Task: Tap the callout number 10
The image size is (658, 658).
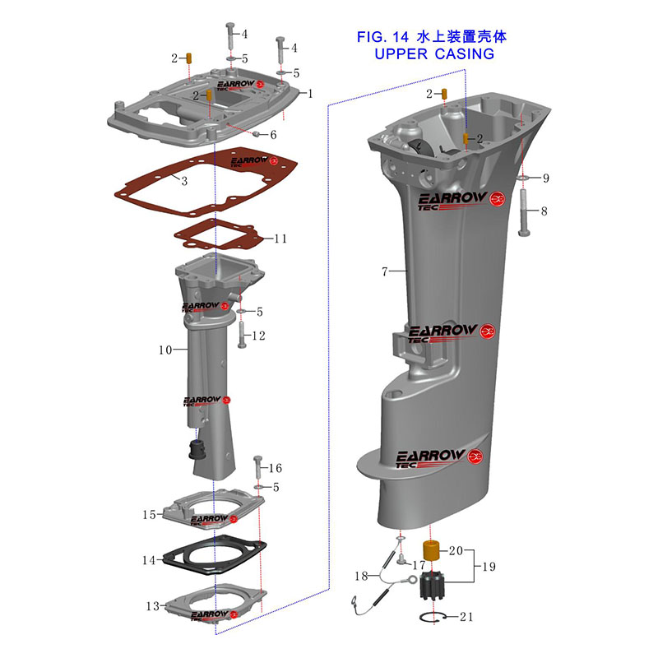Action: pyautogui.click(x=165, y=350)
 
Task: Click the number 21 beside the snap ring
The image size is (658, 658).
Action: pyautogui.click(x=466, y=617)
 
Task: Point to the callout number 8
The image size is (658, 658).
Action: pyautogui.click(x=544, y=211)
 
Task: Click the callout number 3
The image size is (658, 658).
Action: pyautogui.click(x=185, y=181)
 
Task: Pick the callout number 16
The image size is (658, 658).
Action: pyautogui.click(x=276, y=468)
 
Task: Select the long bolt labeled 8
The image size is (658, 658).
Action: pyautogui.click(x=524, y=213)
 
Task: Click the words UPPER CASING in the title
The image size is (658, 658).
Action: pyautogui.click(x=433, y=54)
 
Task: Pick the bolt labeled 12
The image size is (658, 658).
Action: pyautogui.click(x=242, y=333)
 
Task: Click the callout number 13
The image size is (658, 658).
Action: pyautogui.click(x=153, y=606)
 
